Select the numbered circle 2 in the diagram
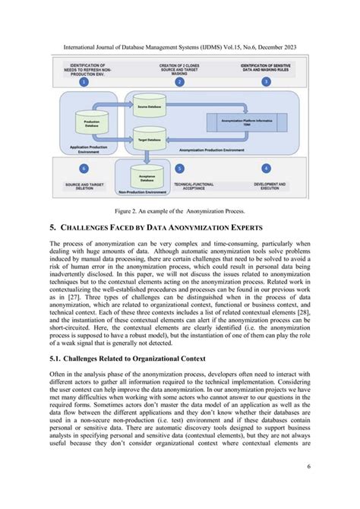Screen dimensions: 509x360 179,81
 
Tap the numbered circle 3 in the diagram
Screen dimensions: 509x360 265,81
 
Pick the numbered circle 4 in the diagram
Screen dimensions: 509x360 266,167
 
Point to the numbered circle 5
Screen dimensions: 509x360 179,167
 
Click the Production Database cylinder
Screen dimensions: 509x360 91,122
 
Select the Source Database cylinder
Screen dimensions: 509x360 147,109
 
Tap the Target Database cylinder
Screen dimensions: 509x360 147,139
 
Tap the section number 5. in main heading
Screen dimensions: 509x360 52,226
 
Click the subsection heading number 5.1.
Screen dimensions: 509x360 57,358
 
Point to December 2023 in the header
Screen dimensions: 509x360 273,47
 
